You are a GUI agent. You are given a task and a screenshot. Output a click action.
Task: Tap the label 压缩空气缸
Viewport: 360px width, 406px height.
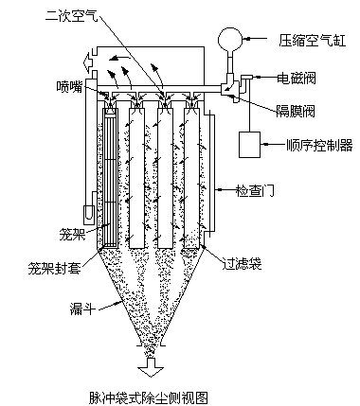[x=313, y=40]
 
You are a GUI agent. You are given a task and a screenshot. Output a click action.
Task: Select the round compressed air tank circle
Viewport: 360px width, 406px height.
[x=230, y=40]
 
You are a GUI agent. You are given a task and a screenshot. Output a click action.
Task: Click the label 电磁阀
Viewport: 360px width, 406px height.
[x=297, y=79]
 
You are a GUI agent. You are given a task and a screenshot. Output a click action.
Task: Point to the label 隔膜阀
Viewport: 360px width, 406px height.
[x=296, y=111]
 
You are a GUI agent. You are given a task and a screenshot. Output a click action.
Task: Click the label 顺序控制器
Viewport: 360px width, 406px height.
[x=319, y=146]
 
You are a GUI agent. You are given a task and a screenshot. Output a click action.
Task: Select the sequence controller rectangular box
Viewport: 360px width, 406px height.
[x=249, y=145]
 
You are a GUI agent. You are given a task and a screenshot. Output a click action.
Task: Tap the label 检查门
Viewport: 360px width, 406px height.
[x=255, y=190]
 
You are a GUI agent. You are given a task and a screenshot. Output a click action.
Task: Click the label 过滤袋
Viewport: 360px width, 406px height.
[x=243, y=263]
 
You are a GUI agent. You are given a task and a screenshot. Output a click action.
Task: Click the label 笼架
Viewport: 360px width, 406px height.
[x=73, y=235]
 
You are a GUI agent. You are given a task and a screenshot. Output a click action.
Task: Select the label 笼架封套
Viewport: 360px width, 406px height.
[x=54, y=268]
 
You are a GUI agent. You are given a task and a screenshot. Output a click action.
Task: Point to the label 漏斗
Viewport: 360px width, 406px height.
[x=82, y=309]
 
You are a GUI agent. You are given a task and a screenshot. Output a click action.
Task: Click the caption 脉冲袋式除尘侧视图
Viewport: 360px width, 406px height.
[x=149, y=398]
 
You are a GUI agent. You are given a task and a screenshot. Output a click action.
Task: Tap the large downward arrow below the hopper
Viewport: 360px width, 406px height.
[x=151, y=367]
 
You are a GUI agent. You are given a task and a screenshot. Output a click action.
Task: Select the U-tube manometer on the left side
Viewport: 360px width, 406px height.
[x=88, y=213]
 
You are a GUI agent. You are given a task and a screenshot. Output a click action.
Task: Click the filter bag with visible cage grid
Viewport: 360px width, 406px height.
[x=111, y=177]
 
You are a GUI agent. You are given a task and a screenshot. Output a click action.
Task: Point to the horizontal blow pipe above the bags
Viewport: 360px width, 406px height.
[x=159, y=89]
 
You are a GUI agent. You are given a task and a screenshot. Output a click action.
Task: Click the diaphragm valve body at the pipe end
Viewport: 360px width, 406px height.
[x=228, y=88]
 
